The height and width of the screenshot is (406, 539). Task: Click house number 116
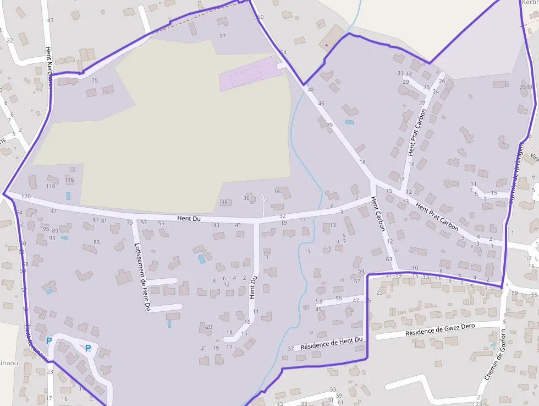click(69, 180)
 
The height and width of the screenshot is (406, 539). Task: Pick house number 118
click(51, 186)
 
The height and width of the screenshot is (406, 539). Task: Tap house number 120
click(26, 197)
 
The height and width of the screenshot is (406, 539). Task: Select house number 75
click(95, 80)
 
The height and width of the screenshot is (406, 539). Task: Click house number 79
click(329, 126)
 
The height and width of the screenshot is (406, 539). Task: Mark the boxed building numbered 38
click(224, 203)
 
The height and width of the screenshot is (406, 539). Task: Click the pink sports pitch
click(248, 73)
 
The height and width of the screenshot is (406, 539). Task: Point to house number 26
click(442, 81)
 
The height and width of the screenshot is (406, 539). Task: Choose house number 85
click(97, 242)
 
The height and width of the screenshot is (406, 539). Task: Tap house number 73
click(130, 223)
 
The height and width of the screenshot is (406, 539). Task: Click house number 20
click(209, 327)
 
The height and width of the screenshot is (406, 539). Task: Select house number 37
click(291, 349)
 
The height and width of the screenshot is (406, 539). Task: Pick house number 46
click(321, 104)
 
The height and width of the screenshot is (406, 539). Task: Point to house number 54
click(283, 52)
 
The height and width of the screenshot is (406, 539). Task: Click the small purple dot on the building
click(326, 45)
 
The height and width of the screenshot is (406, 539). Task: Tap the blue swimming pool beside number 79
click(349, 122)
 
